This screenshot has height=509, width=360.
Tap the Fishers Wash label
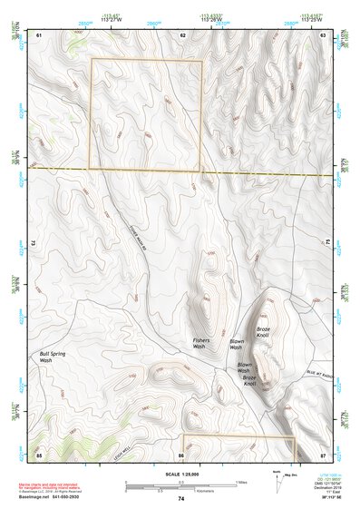[201, 344]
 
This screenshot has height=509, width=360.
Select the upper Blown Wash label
[236, 344]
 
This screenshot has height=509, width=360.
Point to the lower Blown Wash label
[243, 370]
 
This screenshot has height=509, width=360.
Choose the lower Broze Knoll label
[250, 380]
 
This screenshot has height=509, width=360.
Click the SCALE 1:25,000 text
[180, 475]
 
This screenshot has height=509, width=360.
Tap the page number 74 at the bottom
[180, 499]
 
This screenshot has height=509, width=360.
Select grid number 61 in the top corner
[39, 34]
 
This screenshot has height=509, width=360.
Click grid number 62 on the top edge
[182, 34]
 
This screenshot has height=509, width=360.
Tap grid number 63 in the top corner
[324, 34]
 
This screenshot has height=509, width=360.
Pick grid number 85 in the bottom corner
[39, 453]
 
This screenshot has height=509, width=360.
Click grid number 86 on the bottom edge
[181, 453]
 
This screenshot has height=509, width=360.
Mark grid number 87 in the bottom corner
[324, 453]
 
